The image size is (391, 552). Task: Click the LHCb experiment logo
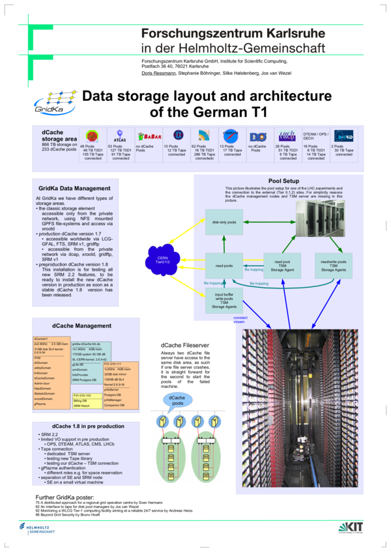coord(287,135)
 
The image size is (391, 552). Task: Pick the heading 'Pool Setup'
coord(283,181)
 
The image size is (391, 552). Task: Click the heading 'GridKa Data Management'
coord(74,188)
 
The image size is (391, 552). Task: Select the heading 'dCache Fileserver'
coord(186,344)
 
